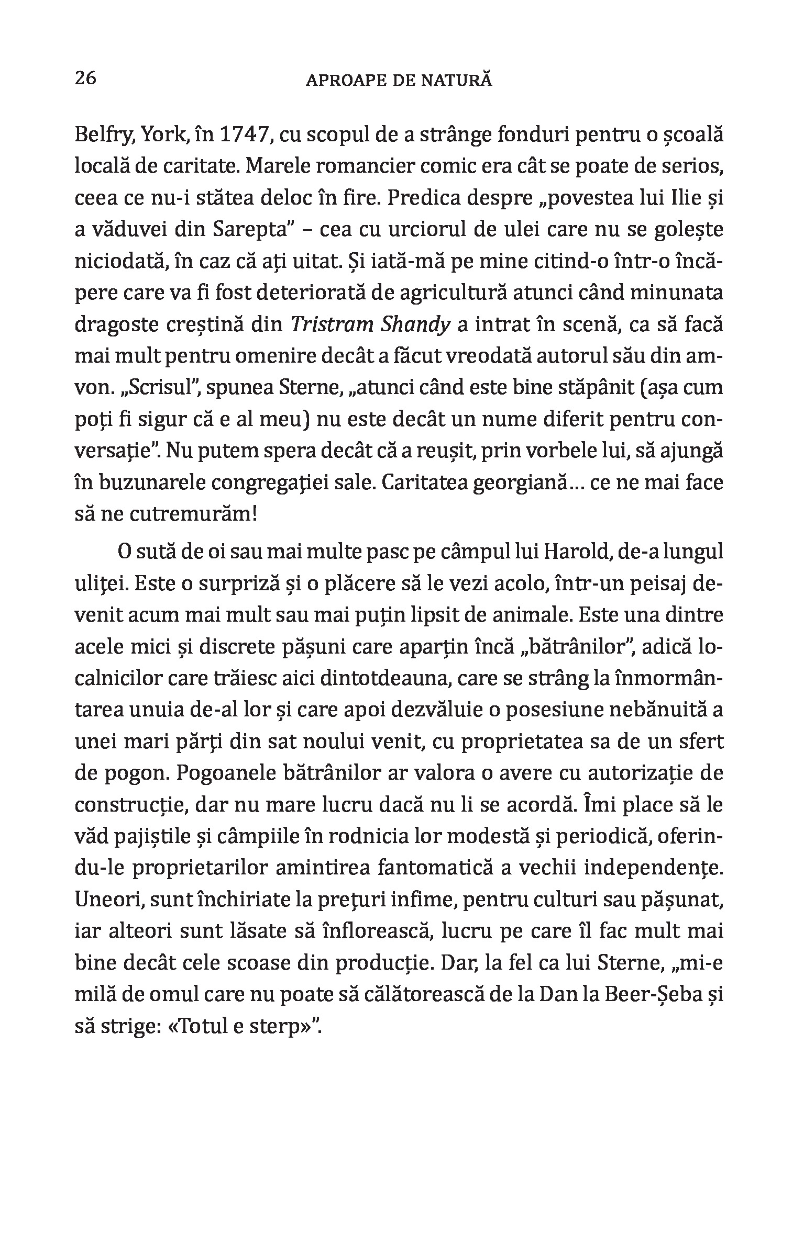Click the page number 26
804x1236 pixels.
pyautogui.click(x=86, y=78)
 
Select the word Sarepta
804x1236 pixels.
pyautogui.click(x=258, y=230)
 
